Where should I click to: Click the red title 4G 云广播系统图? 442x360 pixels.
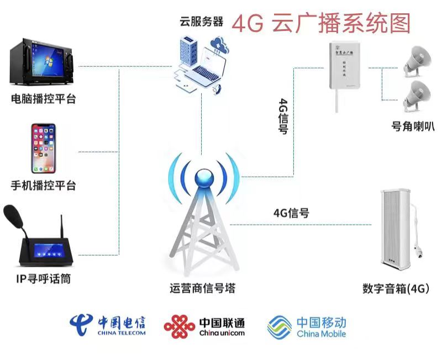pyautogui.click(x=321, y=23)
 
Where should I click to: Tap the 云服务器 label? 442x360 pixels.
pyautogui.click(x=201, y=22)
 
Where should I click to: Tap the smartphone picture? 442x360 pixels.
pyautogui.click(x=44, y=149)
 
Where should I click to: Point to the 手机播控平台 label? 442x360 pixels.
pyautogui.click(x=44, y=186)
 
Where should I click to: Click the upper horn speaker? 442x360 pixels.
pyautogui.click(x=418, y=59)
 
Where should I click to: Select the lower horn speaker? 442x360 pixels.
pyautogui.click(x=418, y=94)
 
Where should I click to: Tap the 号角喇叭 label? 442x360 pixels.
pyautogui.click(x=413, y=126)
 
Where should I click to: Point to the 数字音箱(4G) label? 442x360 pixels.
pyautogui.click(x=396, y=288)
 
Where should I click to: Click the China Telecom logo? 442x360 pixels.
pyautogui.click(x=107, y=325)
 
